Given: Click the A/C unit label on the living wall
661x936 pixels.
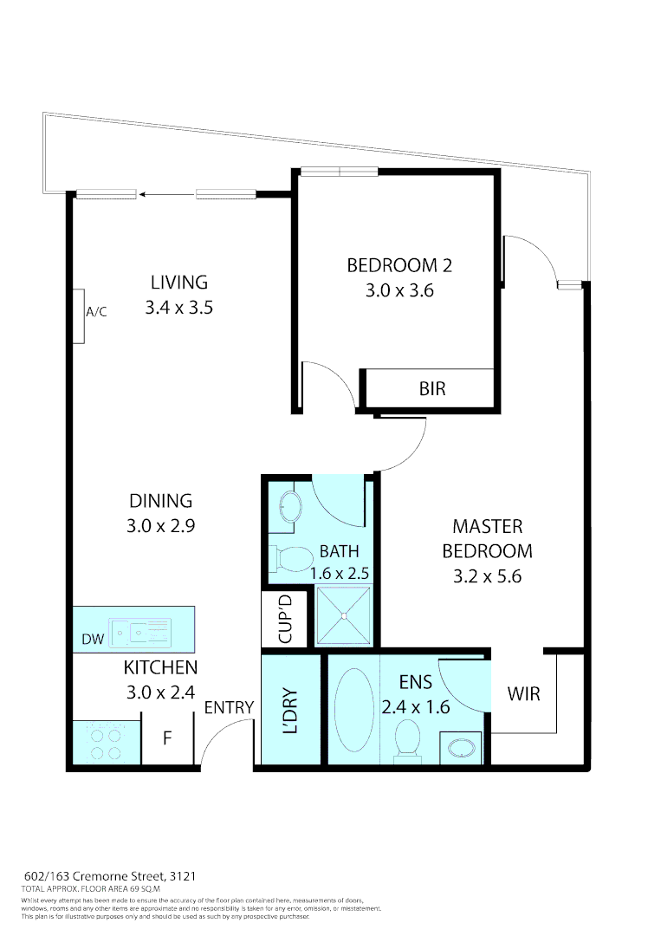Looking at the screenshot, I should pos(95,312).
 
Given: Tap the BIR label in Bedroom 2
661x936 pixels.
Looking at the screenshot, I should pos(431,388).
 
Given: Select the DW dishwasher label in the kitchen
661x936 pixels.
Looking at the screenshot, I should pos(93,640).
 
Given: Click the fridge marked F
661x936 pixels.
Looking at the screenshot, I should pos(167,739).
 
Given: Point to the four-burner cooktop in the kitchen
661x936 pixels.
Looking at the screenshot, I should pos(106,743).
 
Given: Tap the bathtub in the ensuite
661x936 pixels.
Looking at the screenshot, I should pos(353,710).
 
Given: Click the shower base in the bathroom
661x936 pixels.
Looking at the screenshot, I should pos(345,616).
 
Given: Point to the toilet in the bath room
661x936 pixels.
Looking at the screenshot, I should pos(292,559).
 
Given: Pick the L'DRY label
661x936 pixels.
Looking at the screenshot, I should pos(292,711).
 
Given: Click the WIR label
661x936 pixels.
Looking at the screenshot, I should pos(523,694).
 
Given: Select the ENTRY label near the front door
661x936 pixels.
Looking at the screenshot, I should pos(229,708).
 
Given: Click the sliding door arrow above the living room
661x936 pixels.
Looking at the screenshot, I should pos(166,194).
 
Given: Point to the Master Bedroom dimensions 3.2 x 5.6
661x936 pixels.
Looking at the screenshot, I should pos(487,575).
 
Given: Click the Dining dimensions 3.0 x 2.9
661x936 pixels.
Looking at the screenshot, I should pos(160,525).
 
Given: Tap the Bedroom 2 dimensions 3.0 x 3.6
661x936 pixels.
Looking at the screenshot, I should pos(399,290).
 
